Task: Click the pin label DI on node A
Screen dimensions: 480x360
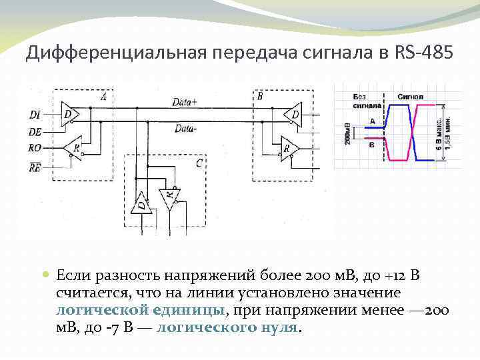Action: [x=35, y=115]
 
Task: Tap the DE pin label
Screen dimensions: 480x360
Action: [x=35, y=133]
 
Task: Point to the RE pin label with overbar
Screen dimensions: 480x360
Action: [x=35, y=169]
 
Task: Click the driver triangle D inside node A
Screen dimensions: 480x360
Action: [x=69, y=115]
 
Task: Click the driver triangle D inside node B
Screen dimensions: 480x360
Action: [x=293, y=116]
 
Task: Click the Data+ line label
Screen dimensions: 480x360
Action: [x=183, y=101]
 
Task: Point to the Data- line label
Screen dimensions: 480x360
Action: [x=184, y=129]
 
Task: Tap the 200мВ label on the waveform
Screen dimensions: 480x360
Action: [x=347, y=132]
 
